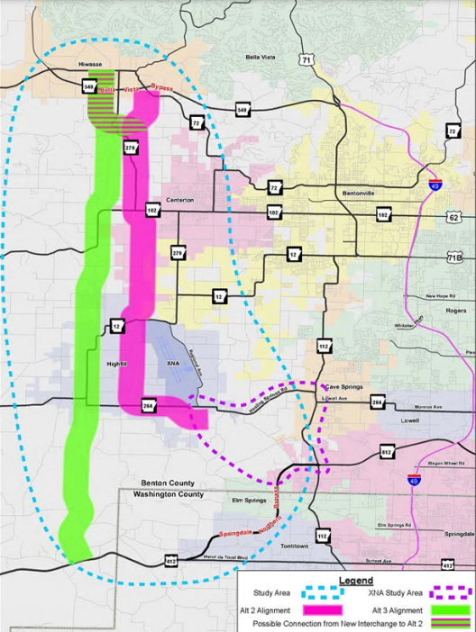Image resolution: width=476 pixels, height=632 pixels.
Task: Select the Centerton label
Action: point(178,199)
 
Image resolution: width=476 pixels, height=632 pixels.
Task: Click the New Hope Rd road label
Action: point(442,295)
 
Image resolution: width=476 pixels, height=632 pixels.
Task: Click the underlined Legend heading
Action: point(355,581)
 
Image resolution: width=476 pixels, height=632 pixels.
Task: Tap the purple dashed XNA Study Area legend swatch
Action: point(447,593)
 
